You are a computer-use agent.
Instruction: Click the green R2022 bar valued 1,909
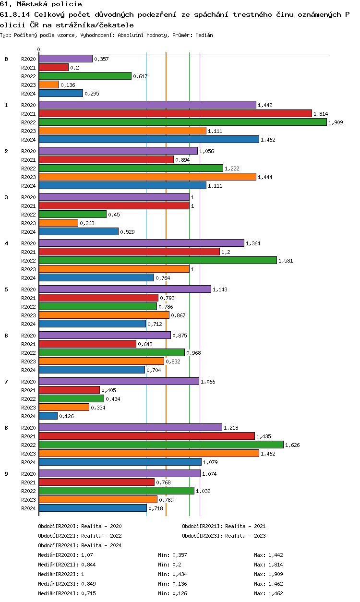coord(182,122)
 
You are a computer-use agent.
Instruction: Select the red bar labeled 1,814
coord(175,113)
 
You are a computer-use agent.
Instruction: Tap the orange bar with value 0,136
coord(49,84)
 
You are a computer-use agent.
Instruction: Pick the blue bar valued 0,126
coord(48,416)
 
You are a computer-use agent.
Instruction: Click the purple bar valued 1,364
coord(141,243)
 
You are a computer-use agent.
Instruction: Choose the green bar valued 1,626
coord(161,445)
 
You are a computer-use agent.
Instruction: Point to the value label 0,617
coord(140,76)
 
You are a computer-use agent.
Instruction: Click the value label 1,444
coord(265,177)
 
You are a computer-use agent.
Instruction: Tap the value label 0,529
coord(127,232)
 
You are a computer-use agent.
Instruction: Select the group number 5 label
coord(6,289)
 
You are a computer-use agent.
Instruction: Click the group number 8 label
coord(6,428)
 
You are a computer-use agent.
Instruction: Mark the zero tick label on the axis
coord(39,49)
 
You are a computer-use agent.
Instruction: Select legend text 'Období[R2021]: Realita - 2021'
coord(224,526)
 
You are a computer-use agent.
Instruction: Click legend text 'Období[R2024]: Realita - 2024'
coord(80,545)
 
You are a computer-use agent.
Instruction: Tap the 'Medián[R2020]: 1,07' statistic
coord(65,555)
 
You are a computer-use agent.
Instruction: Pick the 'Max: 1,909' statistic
coord(268,574)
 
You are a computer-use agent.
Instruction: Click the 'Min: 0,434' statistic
coord(172,574)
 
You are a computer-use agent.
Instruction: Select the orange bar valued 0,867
coord(104,315)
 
